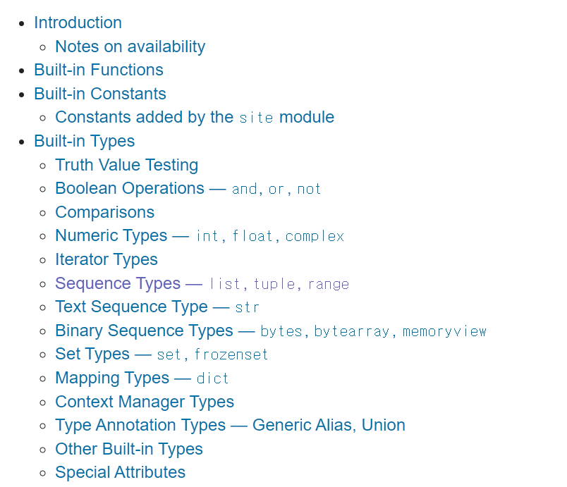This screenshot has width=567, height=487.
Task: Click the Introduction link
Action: [x=78, y=23]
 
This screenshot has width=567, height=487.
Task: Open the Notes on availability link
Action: [x=130, y=47]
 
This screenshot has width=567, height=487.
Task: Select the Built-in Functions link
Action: [x=98, y=70]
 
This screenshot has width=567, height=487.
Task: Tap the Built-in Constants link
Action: [x=99, y=94]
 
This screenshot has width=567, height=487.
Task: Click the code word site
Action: [x=256, y=118]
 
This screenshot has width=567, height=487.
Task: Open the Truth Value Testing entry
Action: [x=126, y=165]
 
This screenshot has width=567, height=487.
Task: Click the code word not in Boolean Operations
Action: [x=309, y=189]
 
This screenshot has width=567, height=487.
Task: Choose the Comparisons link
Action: [x=104, y=212]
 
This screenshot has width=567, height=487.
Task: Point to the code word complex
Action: [x=315, y=236]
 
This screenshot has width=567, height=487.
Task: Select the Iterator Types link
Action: [x=106, y=259]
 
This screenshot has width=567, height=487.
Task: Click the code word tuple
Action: [x=274, y=284]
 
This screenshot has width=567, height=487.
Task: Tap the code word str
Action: [x=248, y=307]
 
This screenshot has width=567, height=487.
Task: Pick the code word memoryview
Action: [x=444, y=331]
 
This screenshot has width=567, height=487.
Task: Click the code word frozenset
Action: [x=231, y=355]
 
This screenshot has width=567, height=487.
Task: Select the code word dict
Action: [x=213, y=378]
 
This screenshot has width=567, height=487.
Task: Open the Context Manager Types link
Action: [x=144, y=402]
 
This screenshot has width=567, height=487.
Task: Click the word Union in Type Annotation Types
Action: [x=384, y=425]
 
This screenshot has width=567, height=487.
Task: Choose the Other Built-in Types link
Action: [x=128, y=449]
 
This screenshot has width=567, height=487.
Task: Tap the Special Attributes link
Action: [x=120, y=472]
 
